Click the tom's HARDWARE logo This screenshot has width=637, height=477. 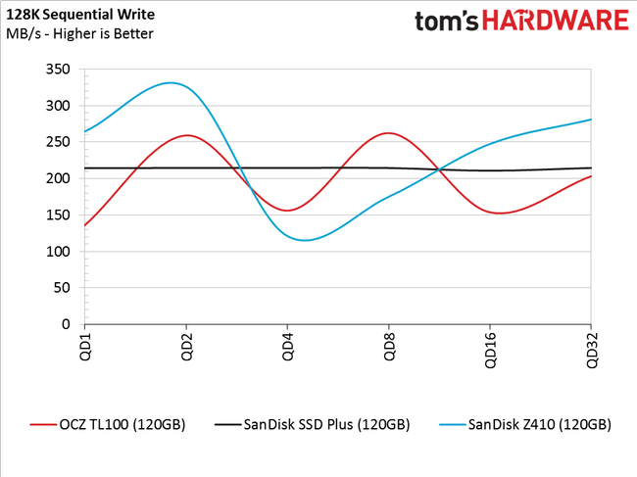point(520,23)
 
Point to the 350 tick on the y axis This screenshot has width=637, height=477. point(57,70)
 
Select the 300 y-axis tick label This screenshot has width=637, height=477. point(57,106)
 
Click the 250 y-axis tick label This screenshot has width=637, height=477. point(57,142)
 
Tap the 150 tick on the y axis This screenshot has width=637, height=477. point(57,215)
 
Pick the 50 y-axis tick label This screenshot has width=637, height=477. point(61,288)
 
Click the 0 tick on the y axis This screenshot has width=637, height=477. point(65,324)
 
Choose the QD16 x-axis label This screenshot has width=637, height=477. point(490,353)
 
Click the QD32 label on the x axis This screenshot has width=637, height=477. point(591,353)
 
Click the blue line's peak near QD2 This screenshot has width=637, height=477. point(171,83)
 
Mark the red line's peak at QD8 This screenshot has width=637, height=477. point(388,133)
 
